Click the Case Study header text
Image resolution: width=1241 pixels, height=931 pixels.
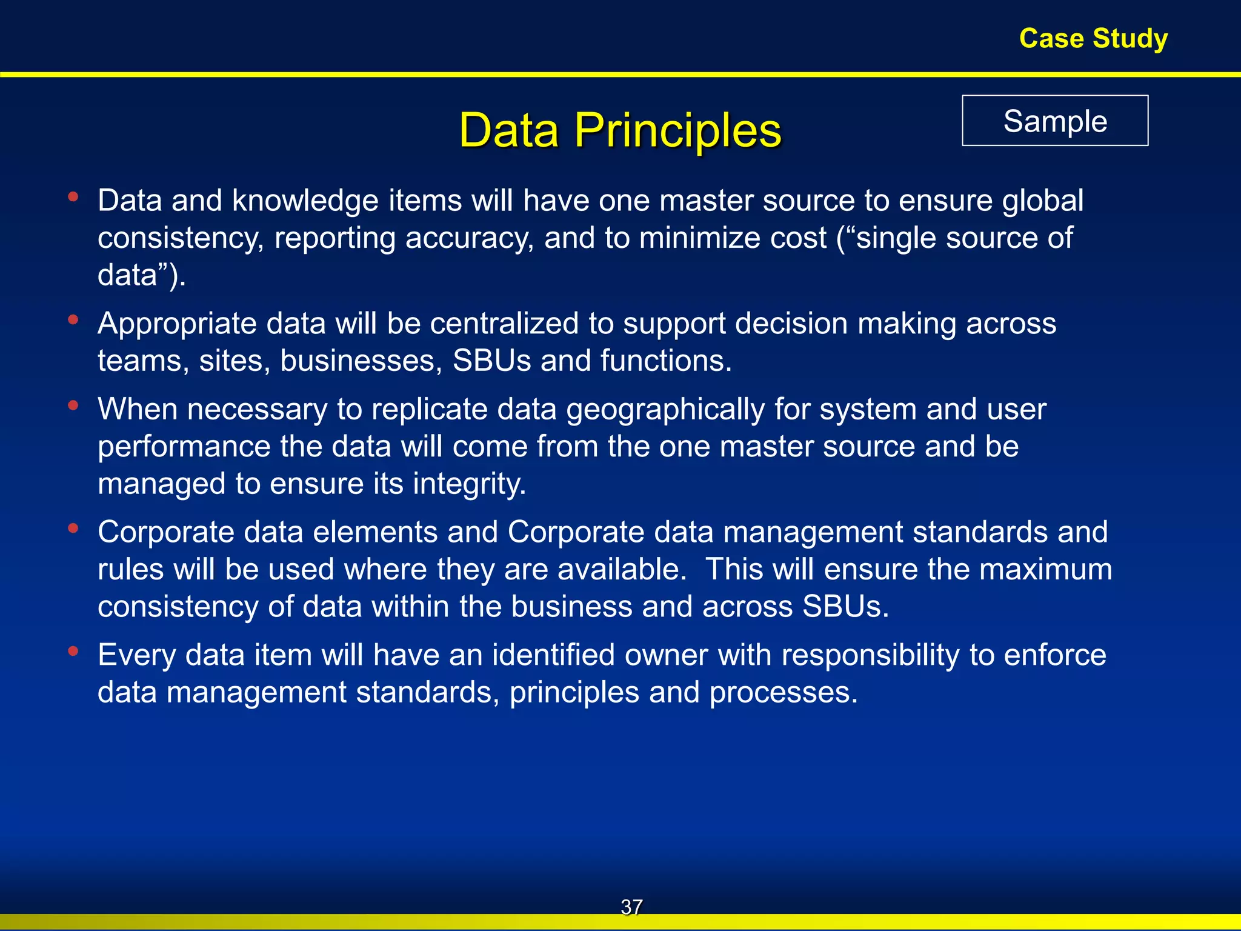(x=1093, y=39)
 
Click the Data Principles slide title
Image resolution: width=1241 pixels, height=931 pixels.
(x=620, y=130)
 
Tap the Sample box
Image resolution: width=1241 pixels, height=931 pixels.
(x=1055, y=121)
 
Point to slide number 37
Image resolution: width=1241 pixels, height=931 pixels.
(x=631, y=907)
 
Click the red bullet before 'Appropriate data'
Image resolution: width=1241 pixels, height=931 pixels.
(x=73, y=319)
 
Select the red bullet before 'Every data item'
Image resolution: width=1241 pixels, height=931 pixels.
(x=73, y=651)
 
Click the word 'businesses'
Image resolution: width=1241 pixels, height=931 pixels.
(x=361, y=361)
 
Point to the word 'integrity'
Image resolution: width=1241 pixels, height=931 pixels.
(x=469, y=484)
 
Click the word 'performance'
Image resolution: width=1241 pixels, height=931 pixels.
(x=184, y=447)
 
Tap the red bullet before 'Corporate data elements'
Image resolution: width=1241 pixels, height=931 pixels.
(x=73, y=528)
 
